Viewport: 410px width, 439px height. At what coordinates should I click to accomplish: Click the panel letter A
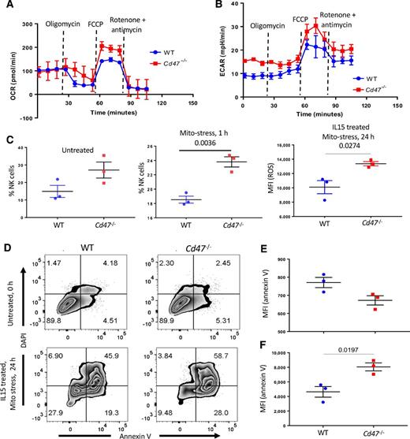click(x=6, y=6)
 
